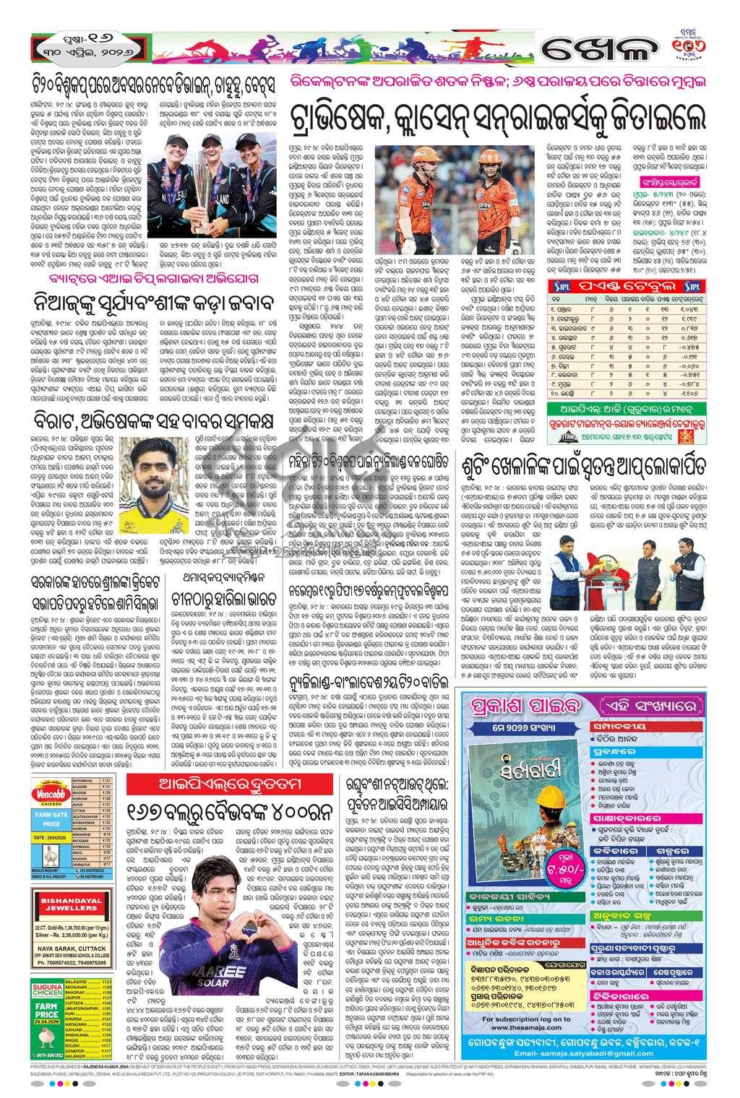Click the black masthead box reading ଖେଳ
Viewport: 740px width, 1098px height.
click(x=596, y=51)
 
